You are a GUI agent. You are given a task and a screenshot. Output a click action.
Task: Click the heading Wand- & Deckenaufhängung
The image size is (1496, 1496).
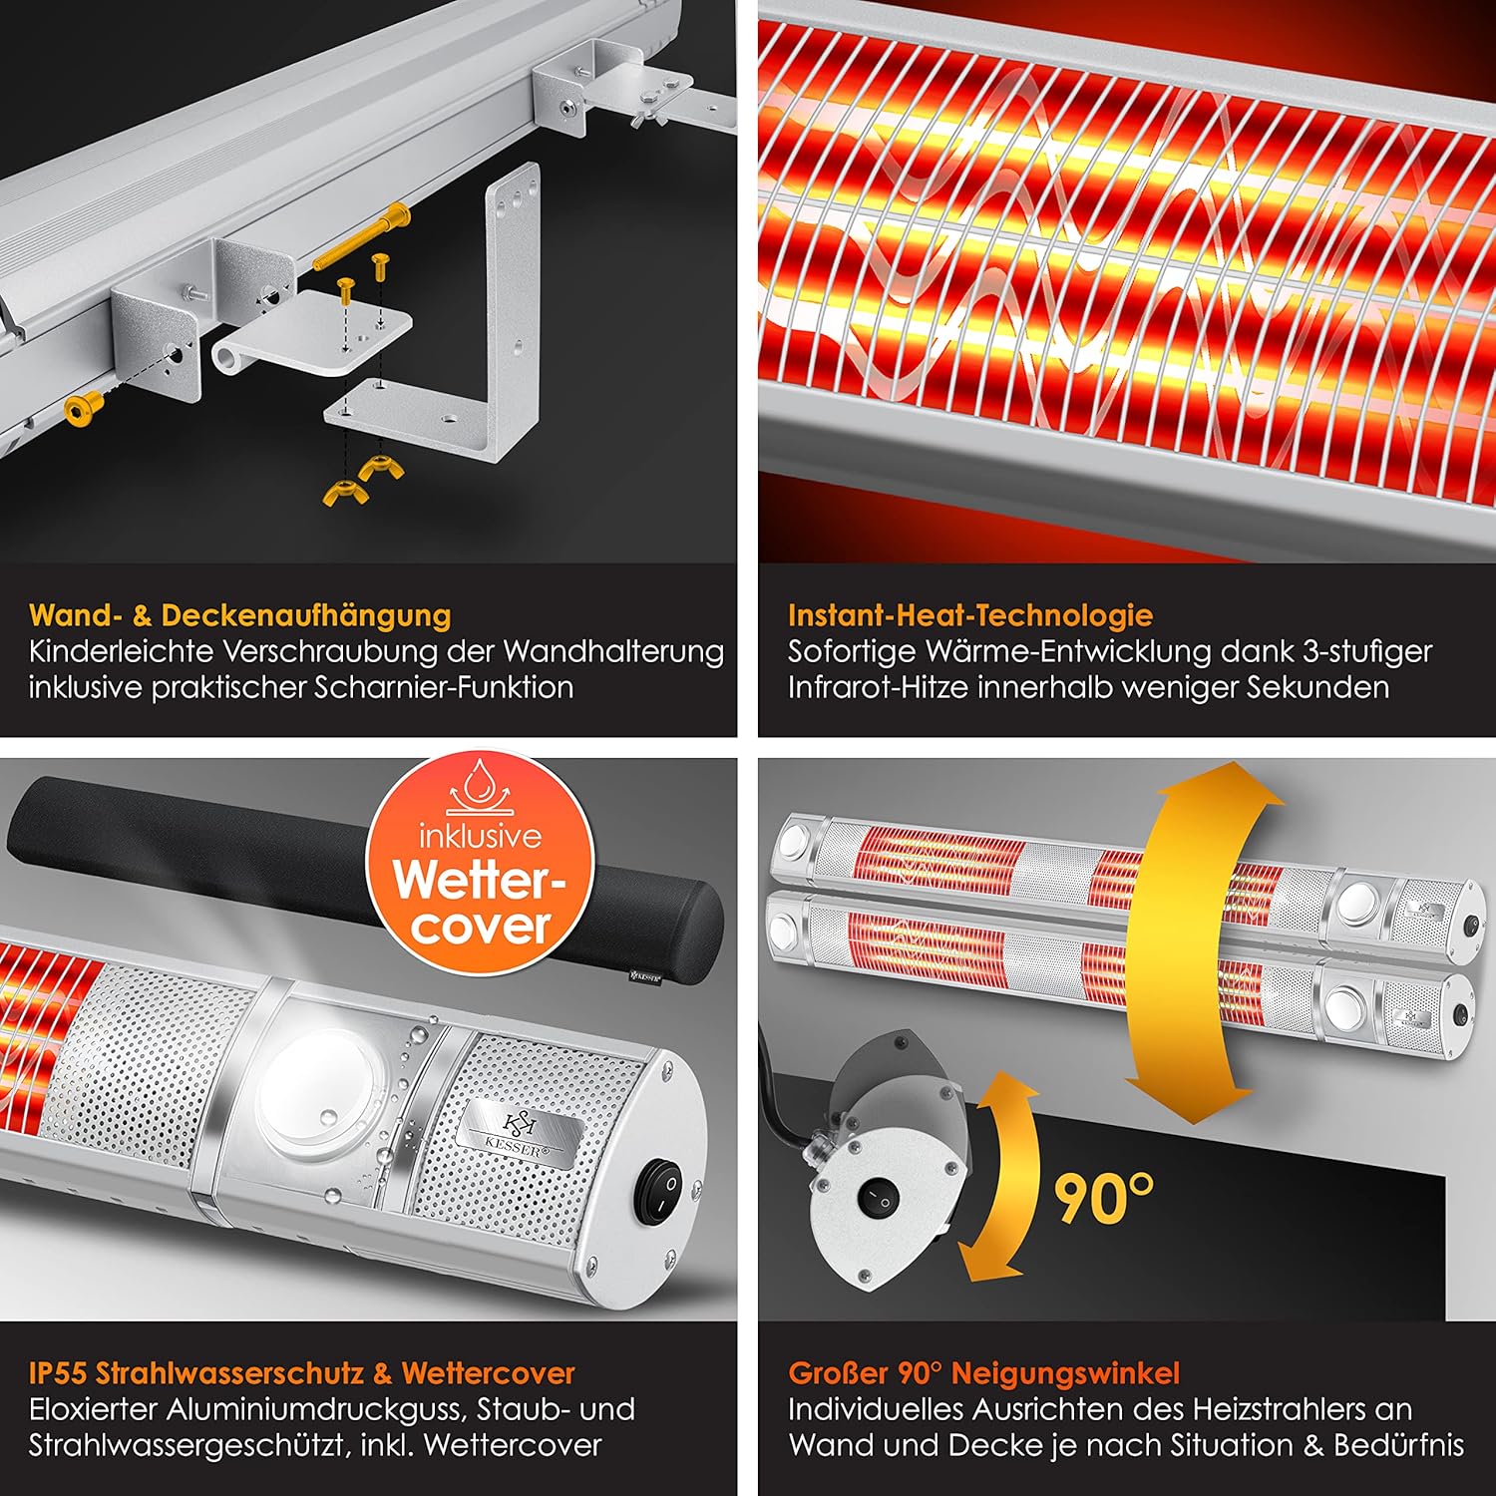[x=240, y=615]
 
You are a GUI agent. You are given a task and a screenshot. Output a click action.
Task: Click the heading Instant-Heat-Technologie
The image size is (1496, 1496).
[x=970, y=615]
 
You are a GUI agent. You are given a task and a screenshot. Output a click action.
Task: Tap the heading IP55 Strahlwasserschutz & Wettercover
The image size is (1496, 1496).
[x=302, y=1373]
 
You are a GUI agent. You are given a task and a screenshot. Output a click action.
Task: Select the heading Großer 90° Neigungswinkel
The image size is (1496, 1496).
[x=984, y=1373]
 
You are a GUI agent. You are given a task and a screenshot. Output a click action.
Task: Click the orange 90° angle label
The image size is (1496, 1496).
[x=1104, y=1198]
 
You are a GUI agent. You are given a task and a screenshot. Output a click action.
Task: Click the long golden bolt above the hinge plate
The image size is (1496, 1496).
[x=360, y=235]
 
